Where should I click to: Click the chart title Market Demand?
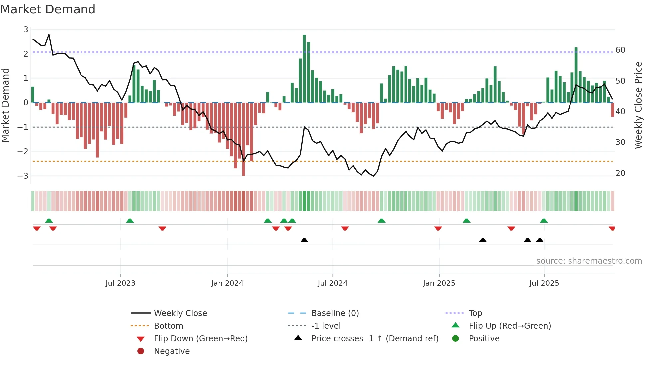(x=48, y=9)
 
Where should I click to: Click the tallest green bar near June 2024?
(x=304, y=68)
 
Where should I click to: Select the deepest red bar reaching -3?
(x=244, y=139)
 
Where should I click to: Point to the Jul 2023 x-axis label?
(x=120, y=283)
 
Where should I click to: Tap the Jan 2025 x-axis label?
(x=439, y=283)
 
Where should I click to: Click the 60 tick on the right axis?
(x=620, y=50)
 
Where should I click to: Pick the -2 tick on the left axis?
(x=23, y=151)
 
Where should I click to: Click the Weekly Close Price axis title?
(x=638, y=105)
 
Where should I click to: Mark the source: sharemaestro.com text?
(x=589, y=261)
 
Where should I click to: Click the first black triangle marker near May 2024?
(x=304, y=240)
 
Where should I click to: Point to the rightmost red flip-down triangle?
(x=612, y=228)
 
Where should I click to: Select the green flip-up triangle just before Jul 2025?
(x=544, y=221)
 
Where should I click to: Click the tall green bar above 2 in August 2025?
(x=576, y=75)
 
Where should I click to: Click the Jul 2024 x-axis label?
(x=332, y=283)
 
